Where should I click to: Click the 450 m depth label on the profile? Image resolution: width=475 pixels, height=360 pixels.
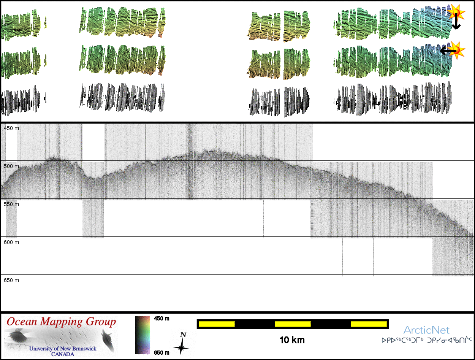(x=11, y=128)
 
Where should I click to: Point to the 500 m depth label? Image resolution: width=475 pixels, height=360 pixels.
(x=11, y=166)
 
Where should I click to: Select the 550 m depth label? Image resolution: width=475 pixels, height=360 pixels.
(x=11, y=204)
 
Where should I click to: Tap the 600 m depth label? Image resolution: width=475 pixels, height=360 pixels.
(x=11, y=242)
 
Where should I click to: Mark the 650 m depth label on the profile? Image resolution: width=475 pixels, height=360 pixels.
(x=11, y=280)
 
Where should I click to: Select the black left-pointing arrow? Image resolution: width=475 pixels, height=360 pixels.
(x=448, y=50)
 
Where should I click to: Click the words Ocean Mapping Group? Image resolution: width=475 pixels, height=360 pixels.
(x=61, y=322)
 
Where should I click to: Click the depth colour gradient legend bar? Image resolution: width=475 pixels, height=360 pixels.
(x=142, y=335)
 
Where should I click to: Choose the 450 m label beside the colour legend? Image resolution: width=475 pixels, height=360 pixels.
(x=161, y=319)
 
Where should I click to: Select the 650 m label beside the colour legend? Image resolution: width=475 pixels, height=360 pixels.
(x=161, y=352)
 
